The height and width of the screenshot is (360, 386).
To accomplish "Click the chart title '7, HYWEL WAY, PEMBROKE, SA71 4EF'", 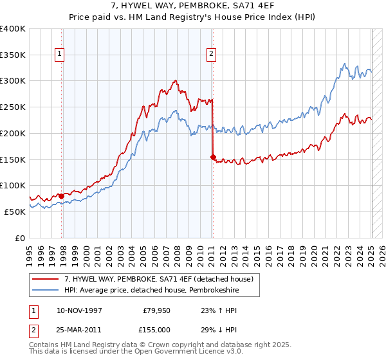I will [192, 6].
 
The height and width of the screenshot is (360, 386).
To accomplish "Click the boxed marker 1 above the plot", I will [60, 55].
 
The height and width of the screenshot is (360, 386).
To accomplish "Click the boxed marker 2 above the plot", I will [211, 55].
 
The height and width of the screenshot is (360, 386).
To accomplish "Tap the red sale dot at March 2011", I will [213, 156].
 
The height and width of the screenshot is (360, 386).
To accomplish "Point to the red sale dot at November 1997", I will [62, 195].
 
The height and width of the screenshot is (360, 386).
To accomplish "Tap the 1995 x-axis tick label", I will [30, 252].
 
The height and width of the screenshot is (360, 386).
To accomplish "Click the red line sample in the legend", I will [46, 279].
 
